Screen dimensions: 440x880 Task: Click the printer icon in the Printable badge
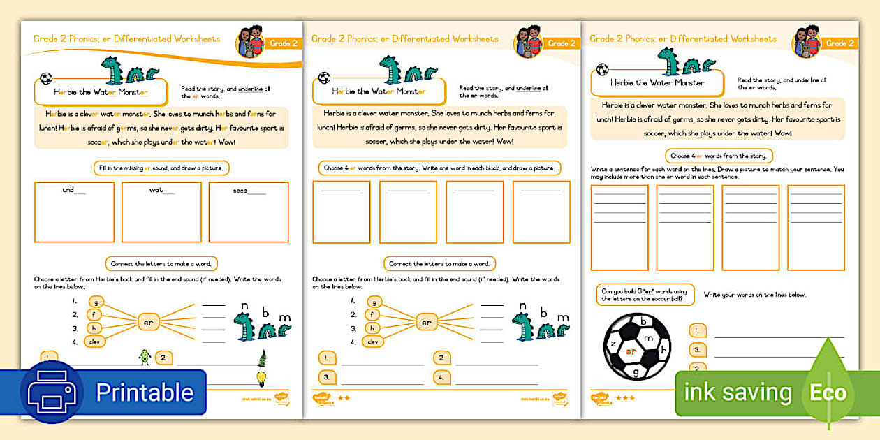click(x=52, y=393)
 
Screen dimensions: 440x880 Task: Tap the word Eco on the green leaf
click(x=828, y=393)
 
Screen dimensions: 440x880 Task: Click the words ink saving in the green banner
click(x=738, y=393)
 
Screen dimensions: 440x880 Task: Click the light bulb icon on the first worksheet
click(x=262, y=379)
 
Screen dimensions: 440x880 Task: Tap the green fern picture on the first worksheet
click(x=263, y=358)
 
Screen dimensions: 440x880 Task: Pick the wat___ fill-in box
click(x=161, y=212)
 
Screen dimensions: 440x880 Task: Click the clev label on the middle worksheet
click(x=374, y=342)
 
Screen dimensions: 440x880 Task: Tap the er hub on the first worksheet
click(x=148, y=322)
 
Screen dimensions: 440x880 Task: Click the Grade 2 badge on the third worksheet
click(x=840, y=43)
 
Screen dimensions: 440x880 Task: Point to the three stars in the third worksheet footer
click(x=624, y=398)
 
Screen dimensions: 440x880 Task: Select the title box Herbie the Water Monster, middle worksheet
click(x=379, y=91)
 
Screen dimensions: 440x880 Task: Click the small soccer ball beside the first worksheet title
click(x=46, y=78)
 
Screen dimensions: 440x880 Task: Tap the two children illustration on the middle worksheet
click(x=529, y=42)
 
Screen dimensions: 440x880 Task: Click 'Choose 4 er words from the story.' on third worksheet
click(x=719, y=156)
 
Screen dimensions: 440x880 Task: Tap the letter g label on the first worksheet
click(x=96, y=302)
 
